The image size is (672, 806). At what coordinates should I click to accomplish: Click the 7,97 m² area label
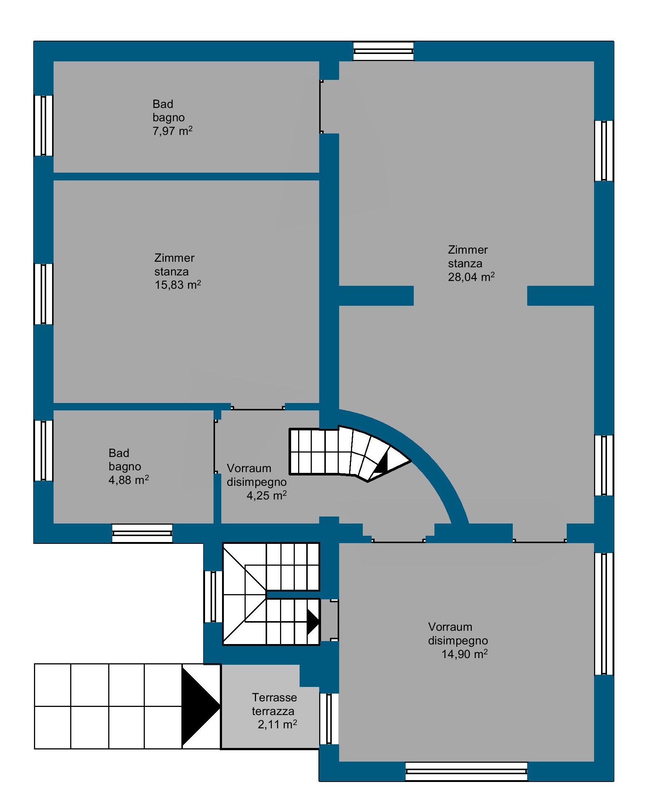coord(173,131)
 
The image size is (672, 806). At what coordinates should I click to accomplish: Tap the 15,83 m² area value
coord(178,284)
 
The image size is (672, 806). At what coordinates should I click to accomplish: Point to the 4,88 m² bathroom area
coord(129,480)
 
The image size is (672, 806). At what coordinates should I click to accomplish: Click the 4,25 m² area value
coord(267,495)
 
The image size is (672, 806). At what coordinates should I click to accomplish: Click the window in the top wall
coord(383,51)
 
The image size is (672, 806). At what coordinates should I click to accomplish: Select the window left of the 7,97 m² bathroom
coord(43,125)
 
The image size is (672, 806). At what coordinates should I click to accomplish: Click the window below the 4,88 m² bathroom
coord(142,533)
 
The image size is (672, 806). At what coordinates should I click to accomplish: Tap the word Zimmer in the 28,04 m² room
coord(468,250)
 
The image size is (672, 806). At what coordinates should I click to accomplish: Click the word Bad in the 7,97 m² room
coord(163,104)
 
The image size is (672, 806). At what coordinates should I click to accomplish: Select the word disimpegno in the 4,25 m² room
coord(257,482)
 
